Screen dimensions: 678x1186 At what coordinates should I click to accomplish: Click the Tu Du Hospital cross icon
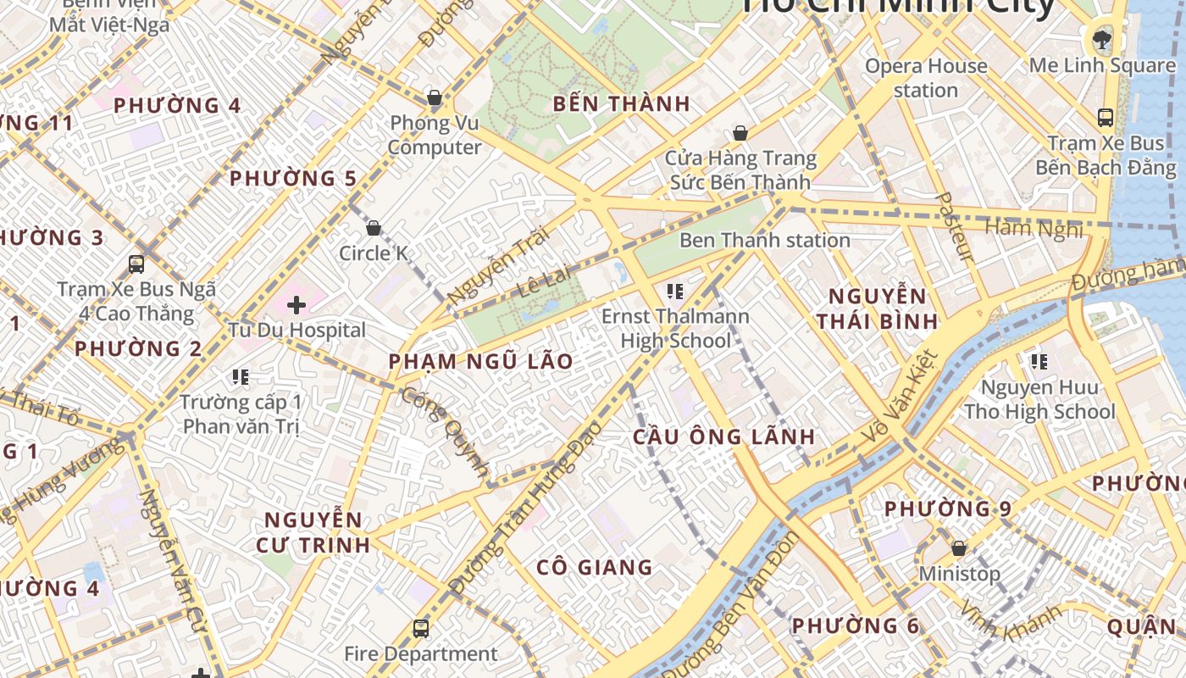click(296, 304)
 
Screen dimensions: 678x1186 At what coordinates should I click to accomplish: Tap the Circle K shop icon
click(373, 228)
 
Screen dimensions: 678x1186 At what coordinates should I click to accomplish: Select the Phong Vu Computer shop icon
click(435, 98)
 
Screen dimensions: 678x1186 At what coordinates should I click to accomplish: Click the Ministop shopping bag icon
click(959, 548)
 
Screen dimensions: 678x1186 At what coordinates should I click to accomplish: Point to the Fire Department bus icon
click(421, 628)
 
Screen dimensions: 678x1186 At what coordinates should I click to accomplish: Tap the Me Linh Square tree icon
click(1102, 38)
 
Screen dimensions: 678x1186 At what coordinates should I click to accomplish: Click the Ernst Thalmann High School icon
click(675, 292)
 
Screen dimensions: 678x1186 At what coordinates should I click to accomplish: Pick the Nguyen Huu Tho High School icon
click(1039, 363)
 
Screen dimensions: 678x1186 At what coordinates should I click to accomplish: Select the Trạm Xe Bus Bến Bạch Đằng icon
click(1105, 117)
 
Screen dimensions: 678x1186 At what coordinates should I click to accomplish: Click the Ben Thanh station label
click(764, 241)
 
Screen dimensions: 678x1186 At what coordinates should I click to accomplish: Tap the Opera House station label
click(926, 78)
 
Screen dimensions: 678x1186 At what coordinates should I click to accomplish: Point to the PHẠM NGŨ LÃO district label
click(480, 362)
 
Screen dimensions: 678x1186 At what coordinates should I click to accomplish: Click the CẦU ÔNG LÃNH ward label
click(724, 437)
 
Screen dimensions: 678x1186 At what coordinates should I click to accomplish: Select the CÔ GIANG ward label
click(595, 567)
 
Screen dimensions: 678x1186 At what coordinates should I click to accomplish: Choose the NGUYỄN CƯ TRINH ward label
click(313, 532)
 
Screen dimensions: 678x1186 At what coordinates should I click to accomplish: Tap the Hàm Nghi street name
click(1034, 228)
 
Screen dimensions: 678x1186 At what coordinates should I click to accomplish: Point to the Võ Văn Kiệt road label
click(900, 398)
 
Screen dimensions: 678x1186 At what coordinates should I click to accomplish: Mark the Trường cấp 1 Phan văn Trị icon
click(241, 376)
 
